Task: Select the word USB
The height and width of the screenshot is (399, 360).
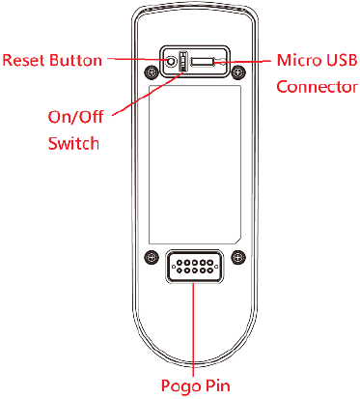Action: pos(340,60)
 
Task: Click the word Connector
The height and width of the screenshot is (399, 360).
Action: pos(316,85)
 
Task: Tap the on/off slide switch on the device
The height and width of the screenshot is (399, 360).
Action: pos(182,64)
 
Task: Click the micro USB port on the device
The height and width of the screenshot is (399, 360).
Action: pos(204,64)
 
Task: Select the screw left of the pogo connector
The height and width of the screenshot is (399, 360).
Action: pos(149,256)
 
